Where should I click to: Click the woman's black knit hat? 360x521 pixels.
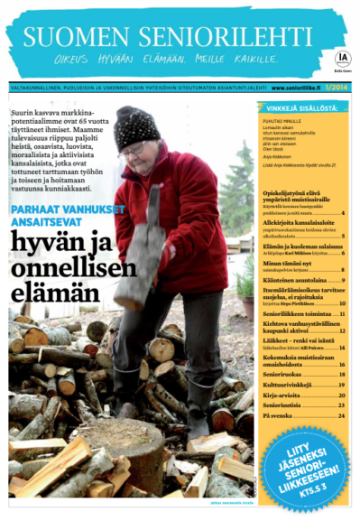point(137,125)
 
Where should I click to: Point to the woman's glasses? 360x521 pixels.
point(134,148)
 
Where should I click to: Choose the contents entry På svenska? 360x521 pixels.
point(259,415)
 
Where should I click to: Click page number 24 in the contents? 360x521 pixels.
point(341,415)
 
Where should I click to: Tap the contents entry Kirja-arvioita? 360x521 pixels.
point(261,395)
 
